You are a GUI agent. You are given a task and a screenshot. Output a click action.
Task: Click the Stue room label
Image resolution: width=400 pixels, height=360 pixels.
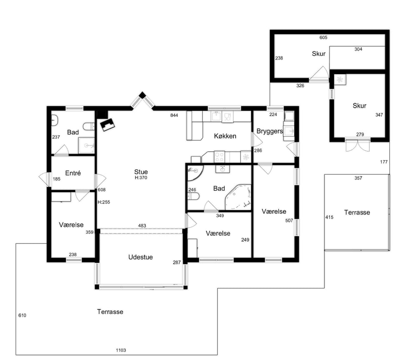pyautogui.click(x=141, y=172)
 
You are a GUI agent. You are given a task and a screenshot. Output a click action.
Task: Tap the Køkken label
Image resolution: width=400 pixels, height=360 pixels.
pyautogui.click(x=225, y=136)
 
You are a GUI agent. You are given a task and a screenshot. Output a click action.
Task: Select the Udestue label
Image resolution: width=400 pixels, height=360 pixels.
pyautogui.click(x=140, y=257)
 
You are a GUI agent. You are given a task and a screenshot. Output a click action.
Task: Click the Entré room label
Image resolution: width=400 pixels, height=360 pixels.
pyautogui.click(x=73, y=173)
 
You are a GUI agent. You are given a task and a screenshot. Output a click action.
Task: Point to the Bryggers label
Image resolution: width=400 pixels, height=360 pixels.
pyautogui.click(x=270, y=131)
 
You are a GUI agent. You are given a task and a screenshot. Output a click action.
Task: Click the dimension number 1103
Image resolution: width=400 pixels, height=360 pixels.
pyautogui.click(x=121, y=350)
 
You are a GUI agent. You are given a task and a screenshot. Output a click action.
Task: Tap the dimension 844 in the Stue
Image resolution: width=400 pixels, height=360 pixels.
pyautogui.click(x=174, y=115)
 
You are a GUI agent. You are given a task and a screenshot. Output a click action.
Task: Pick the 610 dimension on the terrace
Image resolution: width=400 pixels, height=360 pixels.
pyautogui.click(x=22, y=315)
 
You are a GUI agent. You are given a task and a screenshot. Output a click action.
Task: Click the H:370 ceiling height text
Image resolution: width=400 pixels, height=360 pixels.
pyautogui.click(x=141, y=177)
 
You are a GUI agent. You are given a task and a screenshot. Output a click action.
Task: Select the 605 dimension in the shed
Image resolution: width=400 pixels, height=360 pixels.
pyautogui.click(x=323, y=37)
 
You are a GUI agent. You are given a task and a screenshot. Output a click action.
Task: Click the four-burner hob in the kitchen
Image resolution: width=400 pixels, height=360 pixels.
pyautogui.click(x=219, y=156)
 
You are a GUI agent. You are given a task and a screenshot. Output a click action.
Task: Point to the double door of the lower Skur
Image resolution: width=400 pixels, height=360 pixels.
pyautogui.click(x=357, y=145)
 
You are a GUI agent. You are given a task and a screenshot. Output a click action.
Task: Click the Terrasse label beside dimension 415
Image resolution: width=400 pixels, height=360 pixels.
pyautogui.click(x=357, y=212)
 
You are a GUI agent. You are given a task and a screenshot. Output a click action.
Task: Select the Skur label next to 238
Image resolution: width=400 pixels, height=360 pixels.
pyautogui.click(x=319, y=54)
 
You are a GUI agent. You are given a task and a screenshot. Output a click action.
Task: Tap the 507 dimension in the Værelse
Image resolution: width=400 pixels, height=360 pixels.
pyautogui.click(x=289, y=220)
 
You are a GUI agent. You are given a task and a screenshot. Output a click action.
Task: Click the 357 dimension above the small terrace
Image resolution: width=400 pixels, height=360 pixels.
pyautogui.click(x=358, y=178)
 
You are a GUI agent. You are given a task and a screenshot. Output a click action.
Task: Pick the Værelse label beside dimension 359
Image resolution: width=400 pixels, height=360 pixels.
pyautogui.click(x=71, y=225)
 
